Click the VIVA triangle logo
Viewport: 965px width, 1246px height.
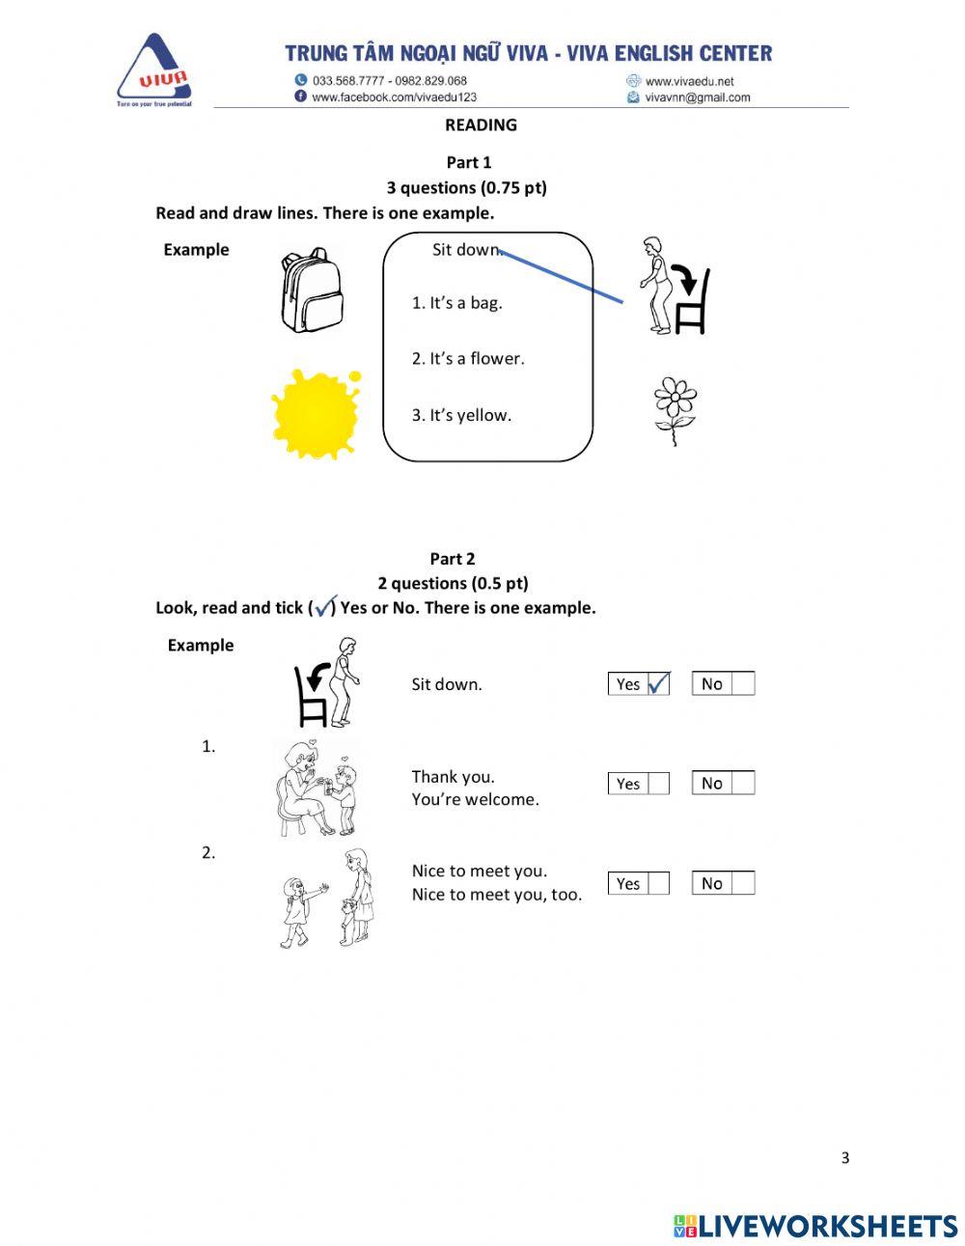[154, 70]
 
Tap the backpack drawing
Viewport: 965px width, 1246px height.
[311, 291]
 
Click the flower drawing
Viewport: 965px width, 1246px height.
[675, 410]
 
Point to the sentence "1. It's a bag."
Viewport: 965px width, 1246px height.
[456, 303]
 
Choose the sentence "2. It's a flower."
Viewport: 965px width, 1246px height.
[468, 359]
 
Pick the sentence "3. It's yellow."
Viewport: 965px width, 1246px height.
[461, 416]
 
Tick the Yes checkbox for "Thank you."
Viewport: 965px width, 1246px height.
[658, 784]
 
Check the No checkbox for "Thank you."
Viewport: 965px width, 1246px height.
[742, 784]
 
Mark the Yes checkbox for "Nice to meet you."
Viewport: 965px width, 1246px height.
[658, 883]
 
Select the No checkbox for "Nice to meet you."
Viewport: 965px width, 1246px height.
[742, 883]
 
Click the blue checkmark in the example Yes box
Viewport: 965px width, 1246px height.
[658, 683]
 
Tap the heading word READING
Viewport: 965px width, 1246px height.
[481, 125]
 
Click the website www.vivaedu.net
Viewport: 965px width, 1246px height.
[689, 82]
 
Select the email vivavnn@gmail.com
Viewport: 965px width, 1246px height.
[697, 97]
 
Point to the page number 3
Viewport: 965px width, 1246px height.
[845, 1158]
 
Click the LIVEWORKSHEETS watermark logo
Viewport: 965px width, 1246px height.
[815, 1226]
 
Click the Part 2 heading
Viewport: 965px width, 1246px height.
[453, 559]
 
